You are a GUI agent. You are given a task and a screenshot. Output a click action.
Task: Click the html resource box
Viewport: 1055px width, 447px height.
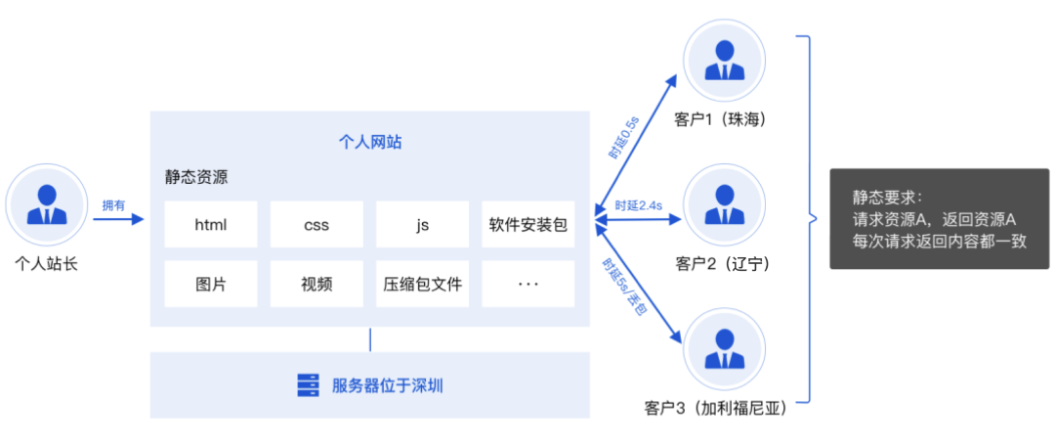pos(210,225)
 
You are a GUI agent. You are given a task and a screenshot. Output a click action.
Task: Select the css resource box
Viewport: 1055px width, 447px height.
pos(316,225)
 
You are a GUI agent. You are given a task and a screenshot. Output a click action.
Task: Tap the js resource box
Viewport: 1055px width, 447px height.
pos(422,225)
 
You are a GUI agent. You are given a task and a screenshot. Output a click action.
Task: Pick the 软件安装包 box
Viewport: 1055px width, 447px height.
pos(528,225)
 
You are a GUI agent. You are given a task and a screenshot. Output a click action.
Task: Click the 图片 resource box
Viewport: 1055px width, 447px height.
pos(210,285)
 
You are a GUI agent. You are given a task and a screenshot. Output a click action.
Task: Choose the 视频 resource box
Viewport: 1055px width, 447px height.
pos(316,285)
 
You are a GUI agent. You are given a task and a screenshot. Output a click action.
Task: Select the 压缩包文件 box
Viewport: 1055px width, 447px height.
pos(422,285)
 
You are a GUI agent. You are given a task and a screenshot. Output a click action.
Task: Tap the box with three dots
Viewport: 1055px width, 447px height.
pos(528,285)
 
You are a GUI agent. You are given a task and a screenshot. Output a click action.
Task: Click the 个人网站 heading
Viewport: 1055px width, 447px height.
pos(369,143)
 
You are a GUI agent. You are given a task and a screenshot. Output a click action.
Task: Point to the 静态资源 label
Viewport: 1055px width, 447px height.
pos(196,179)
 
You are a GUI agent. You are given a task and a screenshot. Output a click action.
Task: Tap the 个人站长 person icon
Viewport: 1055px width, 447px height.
pos(46,203)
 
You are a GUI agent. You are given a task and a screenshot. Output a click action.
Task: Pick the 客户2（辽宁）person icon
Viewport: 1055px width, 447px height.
pos(724,204)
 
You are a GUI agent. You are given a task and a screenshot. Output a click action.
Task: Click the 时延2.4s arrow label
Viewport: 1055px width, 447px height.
pos(639,205)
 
